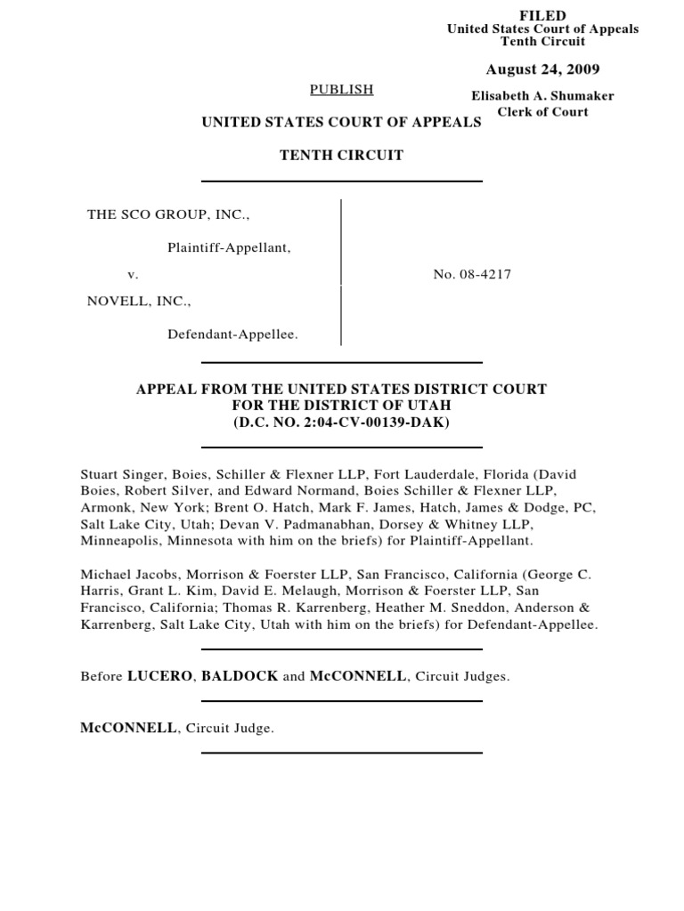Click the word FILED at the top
click(542, 16)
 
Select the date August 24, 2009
click(542, 69)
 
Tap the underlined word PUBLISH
click(341, 89)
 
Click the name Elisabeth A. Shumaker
click(542, 96)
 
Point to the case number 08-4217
click(472, 275)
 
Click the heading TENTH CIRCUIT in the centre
click(341, 155)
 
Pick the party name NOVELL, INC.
click(138, 302)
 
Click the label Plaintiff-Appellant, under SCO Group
click(230, 247)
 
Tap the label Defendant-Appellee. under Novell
click(233, 335)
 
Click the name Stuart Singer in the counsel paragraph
click(120, 475)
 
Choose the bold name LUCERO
click(159, 676)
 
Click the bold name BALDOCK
click(240, 676)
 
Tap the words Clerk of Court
click(543, 112)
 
